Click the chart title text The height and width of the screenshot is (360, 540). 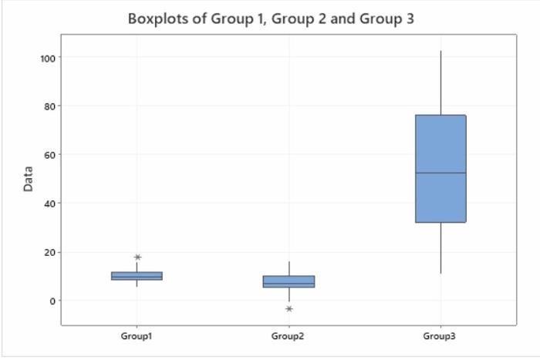(271, 19)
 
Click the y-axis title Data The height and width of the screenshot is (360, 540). (28, 179)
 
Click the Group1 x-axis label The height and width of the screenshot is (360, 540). (137, 337)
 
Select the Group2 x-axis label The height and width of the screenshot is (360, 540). (289, 337)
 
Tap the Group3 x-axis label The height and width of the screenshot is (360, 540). (440, 337)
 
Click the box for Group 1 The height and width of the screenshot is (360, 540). (137, 275)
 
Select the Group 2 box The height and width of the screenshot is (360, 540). (289, 281)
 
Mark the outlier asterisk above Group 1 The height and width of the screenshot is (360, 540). (137, 257)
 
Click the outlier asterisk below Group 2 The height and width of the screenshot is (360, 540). (289, 308)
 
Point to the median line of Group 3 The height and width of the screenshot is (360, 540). (440, 173)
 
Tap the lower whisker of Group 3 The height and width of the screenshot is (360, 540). (440, 247)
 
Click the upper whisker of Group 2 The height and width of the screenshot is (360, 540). (289, 268)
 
